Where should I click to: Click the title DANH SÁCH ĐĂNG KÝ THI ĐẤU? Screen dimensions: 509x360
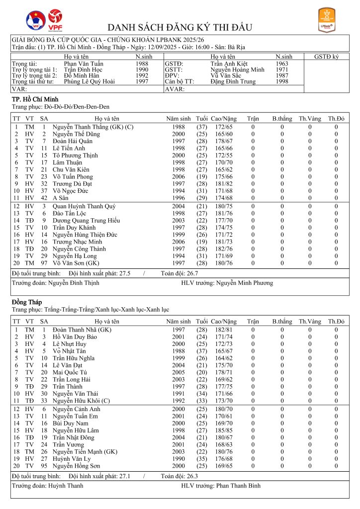(180, 27)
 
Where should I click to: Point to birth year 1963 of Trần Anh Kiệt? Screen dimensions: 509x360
(282, 64)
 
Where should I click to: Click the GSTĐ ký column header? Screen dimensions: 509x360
(327, 57)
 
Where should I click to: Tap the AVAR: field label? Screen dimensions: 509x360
(175, 89)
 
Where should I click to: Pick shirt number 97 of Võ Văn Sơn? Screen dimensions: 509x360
(44, 263)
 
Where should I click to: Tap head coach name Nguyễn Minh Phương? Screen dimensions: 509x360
(244, 283)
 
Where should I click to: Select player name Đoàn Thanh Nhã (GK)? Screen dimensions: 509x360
(82, 330)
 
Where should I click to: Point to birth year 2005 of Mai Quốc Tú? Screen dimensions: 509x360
(179, 372)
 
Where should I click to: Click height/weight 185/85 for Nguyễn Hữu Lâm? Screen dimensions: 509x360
(221, 429)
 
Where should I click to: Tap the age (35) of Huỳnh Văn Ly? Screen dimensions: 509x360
(202, 458)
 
